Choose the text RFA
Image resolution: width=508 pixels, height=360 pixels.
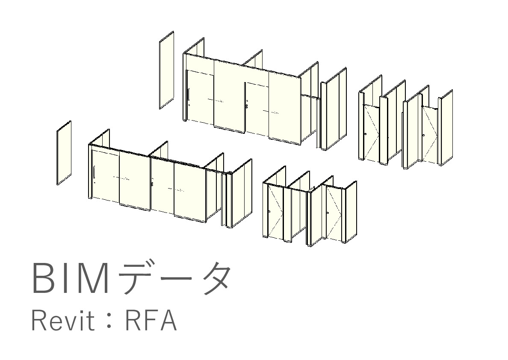pos(151,321)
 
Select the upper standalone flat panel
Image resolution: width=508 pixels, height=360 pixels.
pos(166,70)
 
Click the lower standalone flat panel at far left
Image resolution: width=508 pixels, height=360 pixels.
pos(64,153)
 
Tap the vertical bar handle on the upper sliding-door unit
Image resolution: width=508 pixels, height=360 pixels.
pos(188,94)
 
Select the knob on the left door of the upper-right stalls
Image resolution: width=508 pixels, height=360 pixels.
pos(366,134)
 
